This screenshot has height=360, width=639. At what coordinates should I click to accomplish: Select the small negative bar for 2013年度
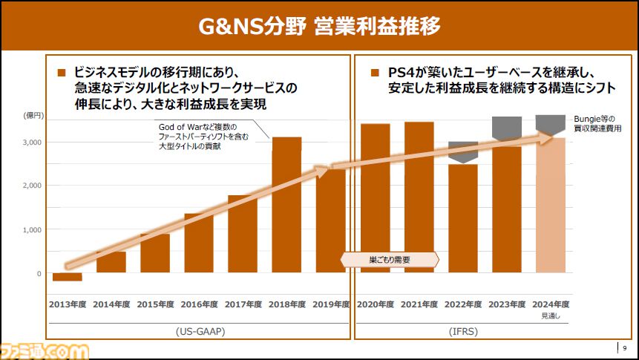[67, 277]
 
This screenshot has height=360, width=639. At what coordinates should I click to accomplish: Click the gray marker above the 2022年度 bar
[463, 151]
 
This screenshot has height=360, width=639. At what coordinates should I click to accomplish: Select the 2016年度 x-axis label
[199, 304]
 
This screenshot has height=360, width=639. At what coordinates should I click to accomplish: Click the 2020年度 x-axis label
[375, 304]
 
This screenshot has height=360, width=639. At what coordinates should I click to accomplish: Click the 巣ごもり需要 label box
[390, 260]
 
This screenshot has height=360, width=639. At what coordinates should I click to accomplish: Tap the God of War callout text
[199, 136]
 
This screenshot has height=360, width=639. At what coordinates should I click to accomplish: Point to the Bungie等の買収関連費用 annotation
[597, 123]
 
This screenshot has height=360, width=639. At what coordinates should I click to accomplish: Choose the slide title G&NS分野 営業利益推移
[319, 27]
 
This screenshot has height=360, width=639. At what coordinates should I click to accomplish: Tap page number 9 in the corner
[626, 348]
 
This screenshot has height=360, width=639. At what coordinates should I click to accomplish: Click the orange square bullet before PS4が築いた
[374, 73]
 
